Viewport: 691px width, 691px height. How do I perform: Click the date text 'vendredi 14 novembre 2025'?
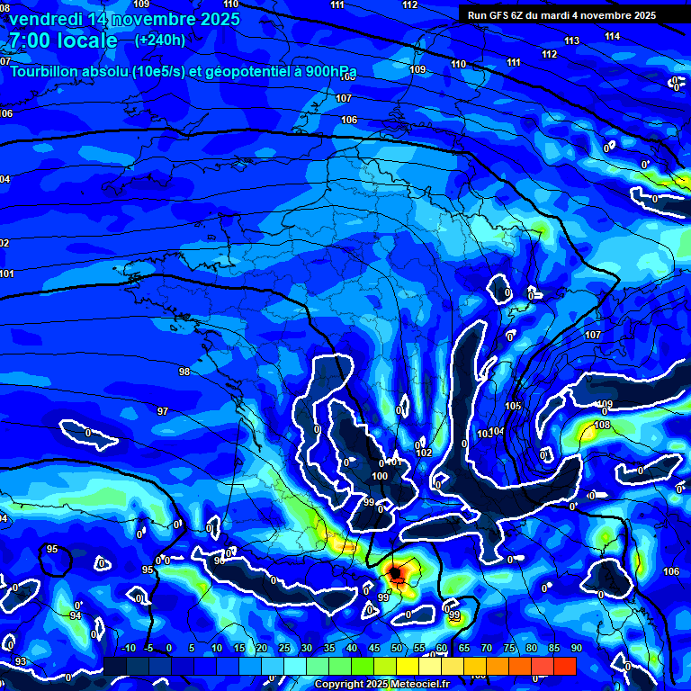point(123,19)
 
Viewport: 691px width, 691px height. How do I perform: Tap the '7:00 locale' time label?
point(62,40)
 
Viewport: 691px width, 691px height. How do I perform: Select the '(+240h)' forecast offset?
point(160,40)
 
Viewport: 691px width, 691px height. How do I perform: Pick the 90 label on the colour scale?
point(576,648)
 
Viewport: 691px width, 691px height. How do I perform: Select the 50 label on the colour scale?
point(397,648)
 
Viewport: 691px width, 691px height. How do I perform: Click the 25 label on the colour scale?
point(284,648)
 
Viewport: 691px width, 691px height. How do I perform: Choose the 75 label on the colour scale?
point(509,648)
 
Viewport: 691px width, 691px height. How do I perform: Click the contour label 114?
point(613,36)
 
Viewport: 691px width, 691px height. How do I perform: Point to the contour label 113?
point(572,41)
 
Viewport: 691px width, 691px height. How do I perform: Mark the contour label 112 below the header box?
point(550,54)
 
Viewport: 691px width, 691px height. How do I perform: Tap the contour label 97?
point(163,411)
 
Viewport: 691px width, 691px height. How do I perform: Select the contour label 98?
point(184,372)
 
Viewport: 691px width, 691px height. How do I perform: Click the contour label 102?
point(425,453)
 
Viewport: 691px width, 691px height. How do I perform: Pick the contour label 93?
point(21,661)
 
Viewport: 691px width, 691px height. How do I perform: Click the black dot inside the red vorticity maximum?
point(394,572)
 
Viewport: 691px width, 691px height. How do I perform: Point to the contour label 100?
point(380,475)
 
